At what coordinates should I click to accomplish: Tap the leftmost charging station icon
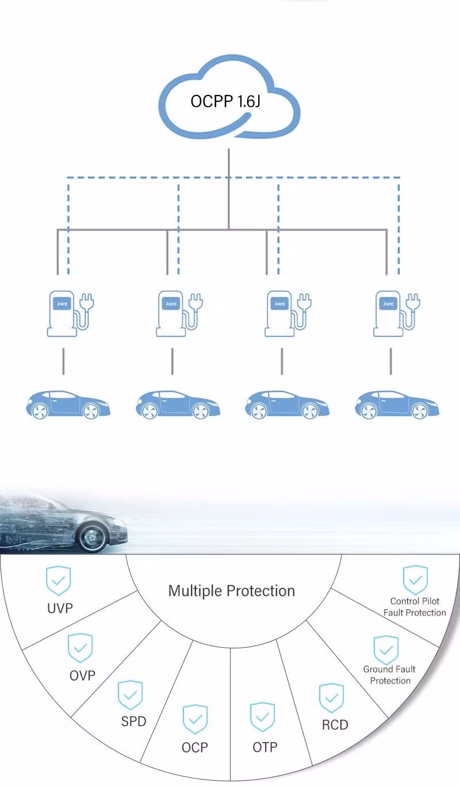[x=62, y=314]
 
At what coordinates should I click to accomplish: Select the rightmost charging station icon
[x=389, y=314]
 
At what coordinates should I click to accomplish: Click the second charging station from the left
[x=171, y=314]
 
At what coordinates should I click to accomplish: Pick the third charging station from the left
[x=280, y=314]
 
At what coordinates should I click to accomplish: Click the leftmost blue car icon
[x=67, y=404]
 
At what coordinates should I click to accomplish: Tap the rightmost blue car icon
[x=397, y=404]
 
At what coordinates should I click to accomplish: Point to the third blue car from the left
[x=286, y=404]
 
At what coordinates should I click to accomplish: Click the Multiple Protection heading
[x=231, y=591]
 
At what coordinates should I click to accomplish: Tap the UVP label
[x=60, y=608]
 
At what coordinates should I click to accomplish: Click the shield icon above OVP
[x=80, y=648]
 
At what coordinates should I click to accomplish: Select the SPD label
[x=133, y=721]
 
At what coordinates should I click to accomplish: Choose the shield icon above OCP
[x=195, y=719]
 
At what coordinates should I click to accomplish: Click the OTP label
[x=264, y=747]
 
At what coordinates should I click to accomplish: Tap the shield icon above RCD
[x=331, y=698]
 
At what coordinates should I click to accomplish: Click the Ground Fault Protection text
[x=389, y=675]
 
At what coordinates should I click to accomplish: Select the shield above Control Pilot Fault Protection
[x=415, y=580]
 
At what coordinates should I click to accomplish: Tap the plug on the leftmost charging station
[x=87, y=302]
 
